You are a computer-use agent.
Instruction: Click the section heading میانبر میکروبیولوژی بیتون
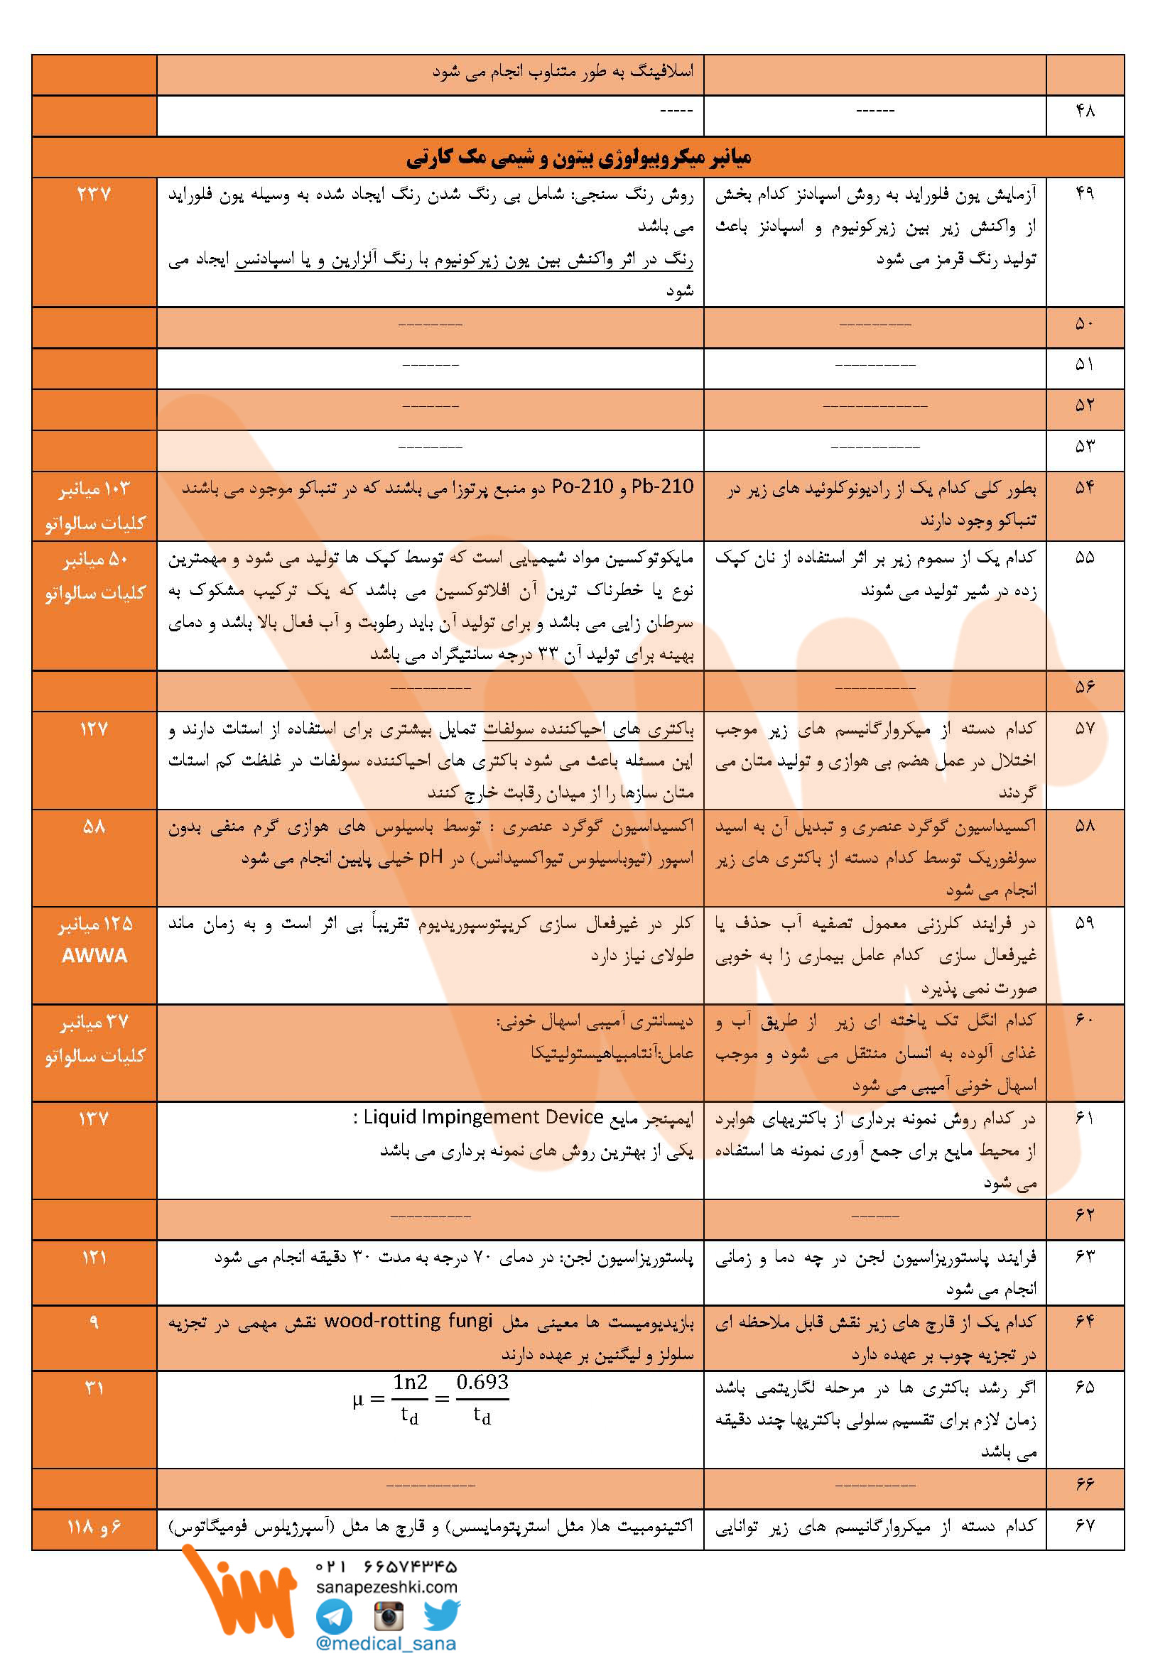coord(578,157)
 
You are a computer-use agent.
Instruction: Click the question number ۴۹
coord(1085,193)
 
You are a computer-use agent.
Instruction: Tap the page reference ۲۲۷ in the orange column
coord(94,194)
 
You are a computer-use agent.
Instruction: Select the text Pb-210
coord(662,487)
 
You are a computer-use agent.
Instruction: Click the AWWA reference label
coord(94,956)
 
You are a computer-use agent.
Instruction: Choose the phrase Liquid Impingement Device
coord(483,1118)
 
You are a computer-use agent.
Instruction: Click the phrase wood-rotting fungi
coord(408,1321)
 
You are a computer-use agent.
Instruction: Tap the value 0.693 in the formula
coord(482,1383)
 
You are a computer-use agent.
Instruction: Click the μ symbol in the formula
coord(357,1399)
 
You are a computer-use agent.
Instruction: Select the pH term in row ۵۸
coord(431,857)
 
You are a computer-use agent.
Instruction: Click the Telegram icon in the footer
coord(335,1616)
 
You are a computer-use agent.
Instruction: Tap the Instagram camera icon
coord(389,1616)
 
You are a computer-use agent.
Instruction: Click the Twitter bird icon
coord(441,1614)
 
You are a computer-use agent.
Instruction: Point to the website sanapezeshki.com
coord(386,1586)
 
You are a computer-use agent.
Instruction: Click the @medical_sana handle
coord(386,1644)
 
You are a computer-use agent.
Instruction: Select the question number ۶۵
coord(1085,1388)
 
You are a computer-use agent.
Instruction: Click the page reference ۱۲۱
coord(94,1258)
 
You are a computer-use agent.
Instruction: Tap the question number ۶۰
coord(1085,1020)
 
